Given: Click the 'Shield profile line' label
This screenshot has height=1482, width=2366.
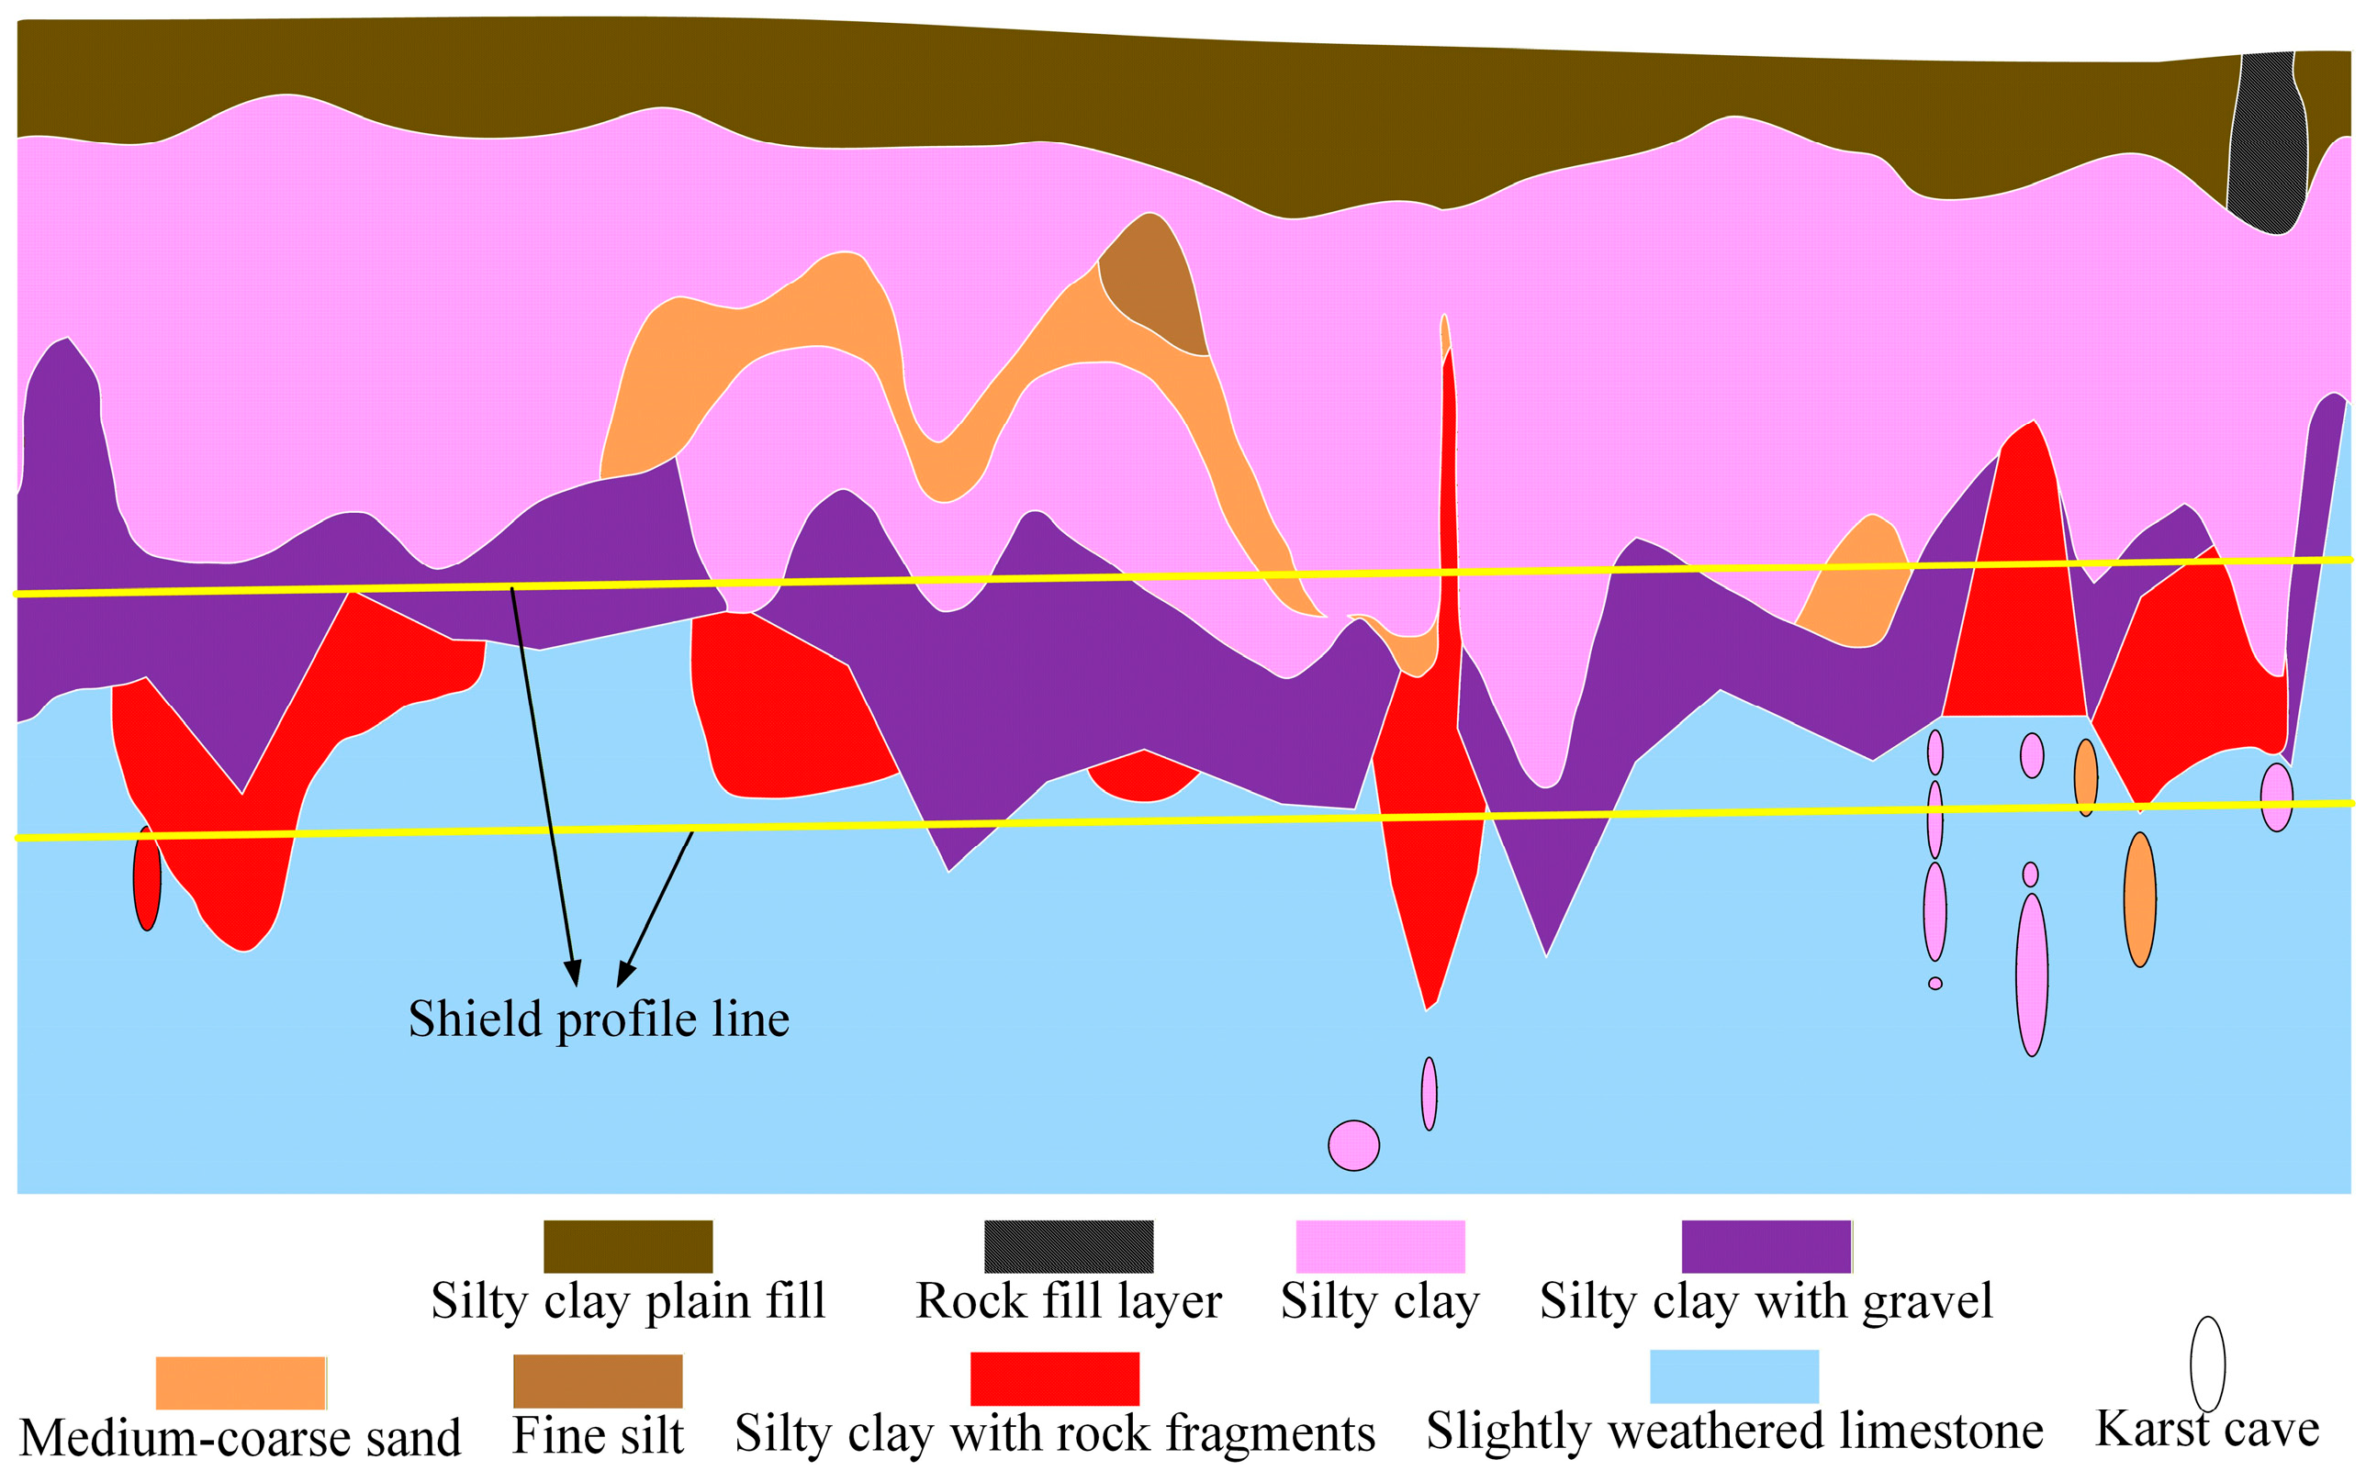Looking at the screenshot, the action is [x=598, y=1020].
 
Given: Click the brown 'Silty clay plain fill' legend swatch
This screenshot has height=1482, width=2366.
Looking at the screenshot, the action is [x=627, y=1246].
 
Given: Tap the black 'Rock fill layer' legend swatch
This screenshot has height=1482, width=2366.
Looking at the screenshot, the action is [x=1069, y=1246].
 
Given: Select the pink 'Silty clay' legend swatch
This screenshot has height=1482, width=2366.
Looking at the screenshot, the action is [x=1381, y=1246].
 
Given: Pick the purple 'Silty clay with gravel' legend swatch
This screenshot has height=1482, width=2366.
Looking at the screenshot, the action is [x=1766, y=1246].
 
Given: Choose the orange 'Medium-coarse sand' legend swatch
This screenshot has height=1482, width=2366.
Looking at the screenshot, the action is [x=241, y=1382].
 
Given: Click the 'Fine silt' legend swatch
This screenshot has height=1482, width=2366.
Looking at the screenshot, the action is [x=598, y=1380].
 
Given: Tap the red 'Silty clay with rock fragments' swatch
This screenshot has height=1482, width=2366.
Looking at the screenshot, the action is [x=1055, y=1378].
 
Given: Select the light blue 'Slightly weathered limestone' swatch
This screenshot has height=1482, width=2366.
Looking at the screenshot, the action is [x=1734, y=1376].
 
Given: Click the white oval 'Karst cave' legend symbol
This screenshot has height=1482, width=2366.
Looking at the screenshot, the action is [x=2208, y=1364].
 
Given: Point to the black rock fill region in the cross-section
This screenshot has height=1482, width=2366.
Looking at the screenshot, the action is [x=2267, y=142].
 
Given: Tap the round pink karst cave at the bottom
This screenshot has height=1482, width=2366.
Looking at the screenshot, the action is [x=1354, y=1145].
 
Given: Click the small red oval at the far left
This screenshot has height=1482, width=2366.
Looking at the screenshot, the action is [x=147, y=878].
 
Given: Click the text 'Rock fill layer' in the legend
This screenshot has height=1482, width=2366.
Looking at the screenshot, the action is [x=1069, y=1301].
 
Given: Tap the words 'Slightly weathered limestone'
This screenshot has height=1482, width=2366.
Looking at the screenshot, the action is [x=1734, y=1432].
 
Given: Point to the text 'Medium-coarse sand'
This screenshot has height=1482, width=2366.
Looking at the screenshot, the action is [x=241, y=1439].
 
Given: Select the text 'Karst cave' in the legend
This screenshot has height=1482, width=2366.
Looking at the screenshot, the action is [x=2207, y=1429].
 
